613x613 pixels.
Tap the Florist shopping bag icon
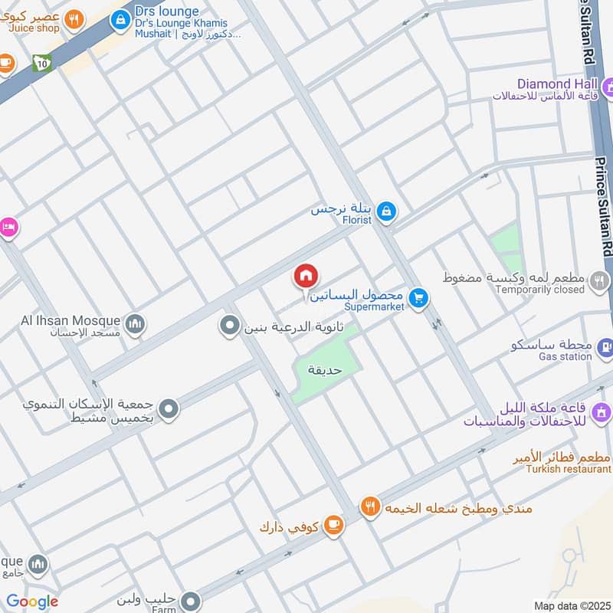387,210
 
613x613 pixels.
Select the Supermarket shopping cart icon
418,298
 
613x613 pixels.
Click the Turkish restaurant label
569,468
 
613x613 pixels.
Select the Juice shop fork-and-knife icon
74,19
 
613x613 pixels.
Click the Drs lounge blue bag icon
120,19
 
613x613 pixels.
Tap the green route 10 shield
41,64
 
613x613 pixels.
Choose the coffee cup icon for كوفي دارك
333,525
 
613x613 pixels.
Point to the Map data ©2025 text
570,605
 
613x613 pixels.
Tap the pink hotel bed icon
8,228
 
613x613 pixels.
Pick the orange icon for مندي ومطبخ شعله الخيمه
371,506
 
